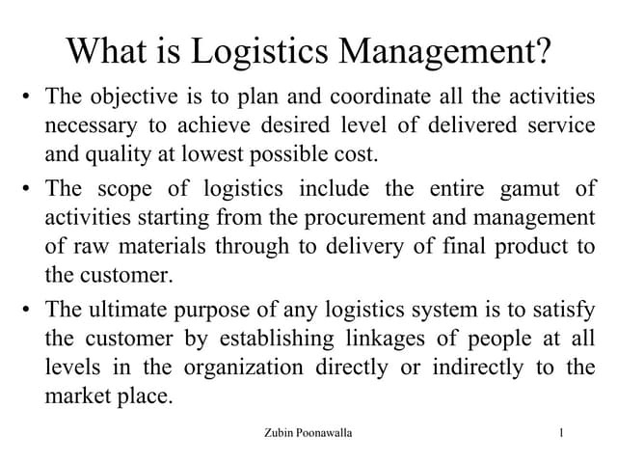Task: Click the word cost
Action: click(356, 153)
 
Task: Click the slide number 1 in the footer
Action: click(560, 434)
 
